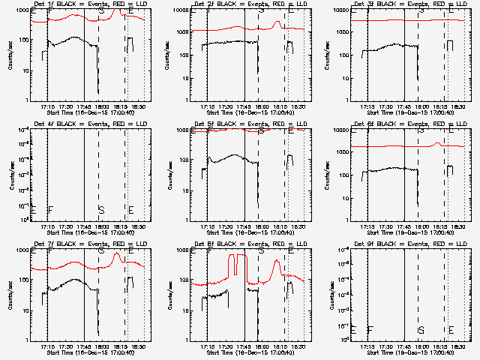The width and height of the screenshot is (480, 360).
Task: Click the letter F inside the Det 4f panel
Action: click(50, 209)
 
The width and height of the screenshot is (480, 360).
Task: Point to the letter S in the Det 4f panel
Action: click(101, 209)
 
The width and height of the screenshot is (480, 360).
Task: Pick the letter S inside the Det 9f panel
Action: click(421, 329)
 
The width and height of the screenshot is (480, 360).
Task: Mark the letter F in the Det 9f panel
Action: click(370, 329)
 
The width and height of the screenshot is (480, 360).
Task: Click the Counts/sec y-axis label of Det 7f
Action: click(11, 294)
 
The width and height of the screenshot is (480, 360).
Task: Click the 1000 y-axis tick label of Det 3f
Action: click(346, 32)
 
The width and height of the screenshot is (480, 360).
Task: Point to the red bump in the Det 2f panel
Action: click(277, 22)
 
